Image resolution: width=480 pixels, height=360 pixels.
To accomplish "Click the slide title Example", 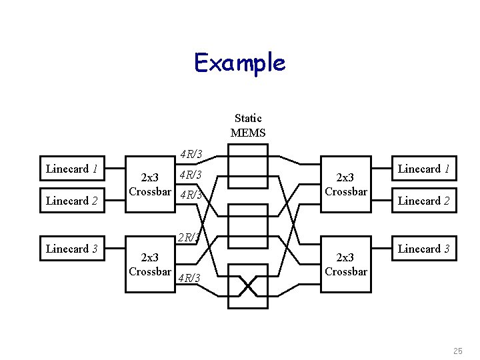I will tap(239, 63).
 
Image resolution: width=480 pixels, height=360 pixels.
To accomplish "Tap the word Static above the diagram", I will tap(248, 118).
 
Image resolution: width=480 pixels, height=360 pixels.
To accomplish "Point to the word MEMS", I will tap(248, 133).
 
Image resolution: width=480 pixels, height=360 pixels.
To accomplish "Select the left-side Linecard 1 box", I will tap(72, 169).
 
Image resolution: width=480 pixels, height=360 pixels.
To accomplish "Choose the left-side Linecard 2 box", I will tap(72, 201).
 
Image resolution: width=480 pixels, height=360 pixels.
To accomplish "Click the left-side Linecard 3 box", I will tap(72, 249).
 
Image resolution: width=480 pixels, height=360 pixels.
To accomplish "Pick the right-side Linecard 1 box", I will tap(424, 169).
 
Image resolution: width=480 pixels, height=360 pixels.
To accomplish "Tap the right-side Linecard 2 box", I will tap(424, 201).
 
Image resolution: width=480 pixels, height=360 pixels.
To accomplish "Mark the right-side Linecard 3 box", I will tap(424, 249).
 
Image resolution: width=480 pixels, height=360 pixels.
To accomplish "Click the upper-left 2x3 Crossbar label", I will tap(150, 185).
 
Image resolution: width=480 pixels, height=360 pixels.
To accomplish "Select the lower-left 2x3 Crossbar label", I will tap(150, 265).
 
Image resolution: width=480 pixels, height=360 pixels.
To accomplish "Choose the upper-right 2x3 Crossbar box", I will tap(345, 185).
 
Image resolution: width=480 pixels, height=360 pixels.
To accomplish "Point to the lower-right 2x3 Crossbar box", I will tap(345, 265).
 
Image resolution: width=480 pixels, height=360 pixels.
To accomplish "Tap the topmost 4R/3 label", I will tap(191, 155).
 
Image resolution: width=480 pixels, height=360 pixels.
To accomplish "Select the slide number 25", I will tap(457, 351).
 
